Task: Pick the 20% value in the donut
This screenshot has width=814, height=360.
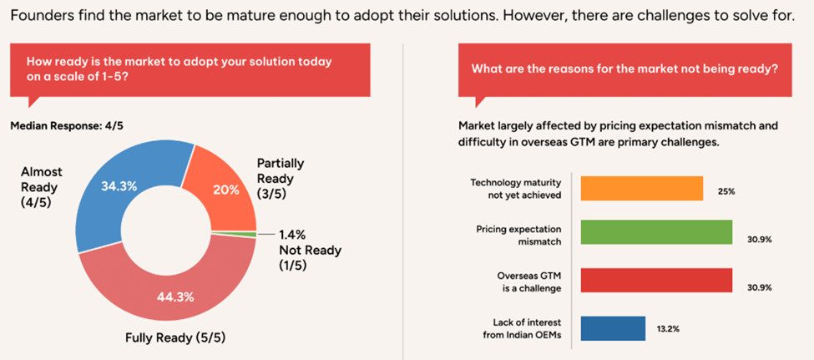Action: click(x=225, y=189)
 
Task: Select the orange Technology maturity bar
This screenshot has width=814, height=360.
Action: click(x=641, y=188)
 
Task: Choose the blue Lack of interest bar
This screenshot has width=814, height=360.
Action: click(x=612, y=327)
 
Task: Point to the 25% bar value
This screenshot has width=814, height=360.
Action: click(x=726, y=191)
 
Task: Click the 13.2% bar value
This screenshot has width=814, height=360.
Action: click(x=667, y=329)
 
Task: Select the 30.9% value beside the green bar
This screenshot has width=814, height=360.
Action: click(x=759, y=240)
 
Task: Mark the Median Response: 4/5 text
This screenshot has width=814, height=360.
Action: click(x=66, y=125)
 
